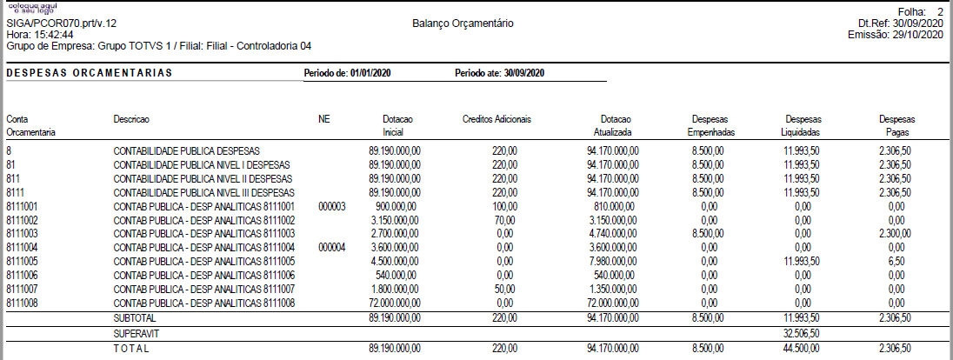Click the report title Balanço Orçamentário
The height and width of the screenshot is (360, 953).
coord(463,23)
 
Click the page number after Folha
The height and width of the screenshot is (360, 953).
coord(940,11)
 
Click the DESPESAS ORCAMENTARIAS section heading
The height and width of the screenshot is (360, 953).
coord(89,73)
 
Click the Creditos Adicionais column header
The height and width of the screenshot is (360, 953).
coord(496,119)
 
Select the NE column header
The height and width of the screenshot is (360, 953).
coord(324,119)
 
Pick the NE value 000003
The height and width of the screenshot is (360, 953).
coord(332,206)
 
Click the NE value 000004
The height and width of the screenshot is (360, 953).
coord(332,247)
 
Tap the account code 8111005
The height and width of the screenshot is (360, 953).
coord(23,261)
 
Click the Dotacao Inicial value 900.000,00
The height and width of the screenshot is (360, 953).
coord(397,206)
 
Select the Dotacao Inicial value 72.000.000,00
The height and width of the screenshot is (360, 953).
coord(391,303)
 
